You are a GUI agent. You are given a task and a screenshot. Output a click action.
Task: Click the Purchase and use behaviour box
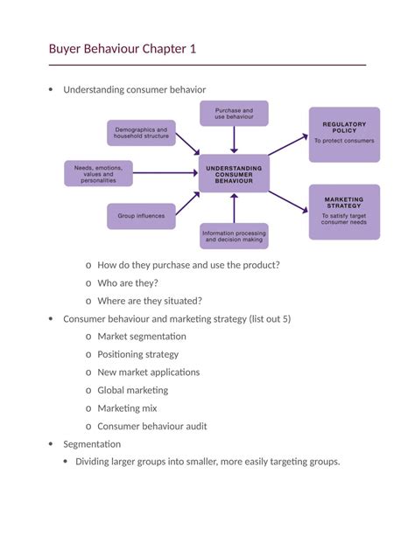tap(234, 114)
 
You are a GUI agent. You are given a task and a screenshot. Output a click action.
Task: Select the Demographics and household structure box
tap(141, 133)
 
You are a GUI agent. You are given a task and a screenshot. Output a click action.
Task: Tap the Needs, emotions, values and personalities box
tap(98, 173)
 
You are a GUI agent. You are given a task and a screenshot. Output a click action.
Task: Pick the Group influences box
tap(141, 216)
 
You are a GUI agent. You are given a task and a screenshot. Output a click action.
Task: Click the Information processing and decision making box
tap(234, 236)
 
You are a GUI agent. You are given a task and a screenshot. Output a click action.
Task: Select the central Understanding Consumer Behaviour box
tap(234, 173)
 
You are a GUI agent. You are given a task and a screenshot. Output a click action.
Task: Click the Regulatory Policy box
tap(344, 135)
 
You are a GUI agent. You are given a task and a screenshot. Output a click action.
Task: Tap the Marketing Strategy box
tap(344, 211)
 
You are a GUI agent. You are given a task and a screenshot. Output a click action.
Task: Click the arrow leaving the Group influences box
tap(186, 204)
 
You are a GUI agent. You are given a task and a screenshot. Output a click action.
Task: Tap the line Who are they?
tap(128, 282)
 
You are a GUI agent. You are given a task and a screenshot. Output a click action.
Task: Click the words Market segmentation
tap(142, 336)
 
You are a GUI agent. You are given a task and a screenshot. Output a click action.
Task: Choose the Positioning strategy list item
tap(138, 354)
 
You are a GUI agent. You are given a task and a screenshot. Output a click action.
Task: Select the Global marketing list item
tap(133, 390)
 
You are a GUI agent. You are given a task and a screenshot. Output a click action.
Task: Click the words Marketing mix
tap(128, 408)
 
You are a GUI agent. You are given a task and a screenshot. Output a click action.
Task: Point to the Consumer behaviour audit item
tap(152, 427)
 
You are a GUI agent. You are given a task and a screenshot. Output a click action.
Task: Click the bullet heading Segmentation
tap(92, 444)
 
